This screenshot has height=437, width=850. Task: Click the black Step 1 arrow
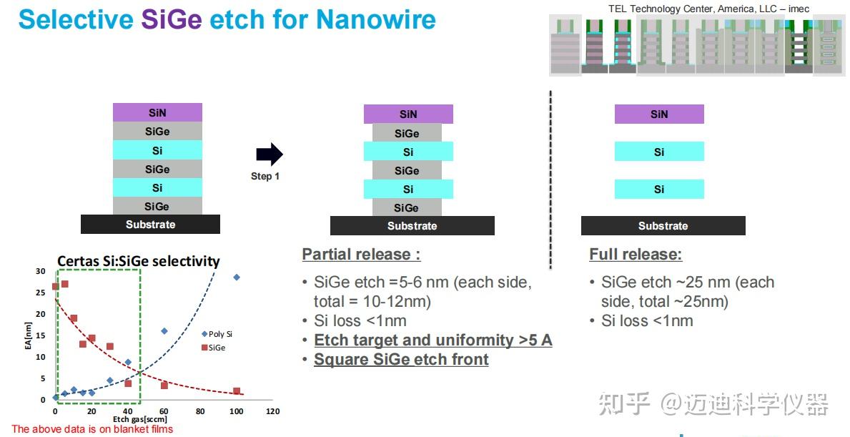(x=270, y=154)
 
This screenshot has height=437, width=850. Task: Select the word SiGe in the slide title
(x=172, y=19)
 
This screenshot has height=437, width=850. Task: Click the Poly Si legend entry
(x=217, y=334)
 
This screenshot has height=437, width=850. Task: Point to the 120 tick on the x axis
(x=272, y=411)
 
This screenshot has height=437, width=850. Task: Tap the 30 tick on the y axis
(x=41, y=271)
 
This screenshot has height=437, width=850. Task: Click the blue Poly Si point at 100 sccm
(x=237, y=277)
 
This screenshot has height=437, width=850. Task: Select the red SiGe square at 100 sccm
(x=237, y=391)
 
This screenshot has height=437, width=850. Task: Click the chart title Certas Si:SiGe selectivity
(x=139, y=261)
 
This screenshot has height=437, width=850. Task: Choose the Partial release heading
(x=361, y=255)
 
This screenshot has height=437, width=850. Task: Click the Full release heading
(x=636, y=255)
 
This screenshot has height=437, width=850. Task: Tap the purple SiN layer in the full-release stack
(x=659, y=114)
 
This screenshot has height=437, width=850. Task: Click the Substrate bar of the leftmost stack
(x=150, y=225)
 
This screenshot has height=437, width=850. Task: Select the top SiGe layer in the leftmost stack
(x=157, y=131)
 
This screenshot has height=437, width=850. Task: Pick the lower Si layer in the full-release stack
(x=659, y=190)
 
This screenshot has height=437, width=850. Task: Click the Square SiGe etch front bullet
(x=401, y=360)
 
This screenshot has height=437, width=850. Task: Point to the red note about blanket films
(x=92, y=429)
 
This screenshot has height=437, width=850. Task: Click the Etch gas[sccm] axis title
(x=140, y=419)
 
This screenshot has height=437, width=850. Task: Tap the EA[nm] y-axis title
(x=28, y=335)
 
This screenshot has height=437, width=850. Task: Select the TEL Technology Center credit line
(x=708, y=9)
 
